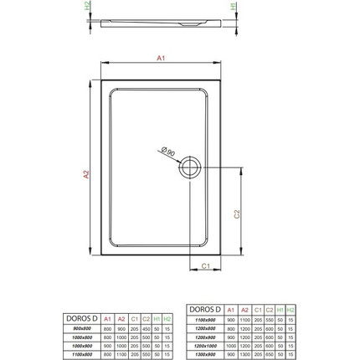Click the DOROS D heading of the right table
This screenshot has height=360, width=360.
[206, 309]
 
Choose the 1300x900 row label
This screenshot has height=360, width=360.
[206, 352]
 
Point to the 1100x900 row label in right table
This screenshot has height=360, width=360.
[206, 318]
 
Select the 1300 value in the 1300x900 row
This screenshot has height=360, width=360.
[247, 352]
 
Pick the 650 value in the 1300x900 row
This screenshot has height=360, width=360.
[269, 352]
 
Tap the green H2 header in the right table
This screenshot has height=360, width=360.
[291, 309]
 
